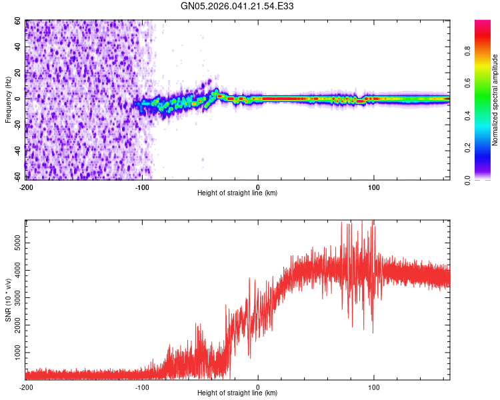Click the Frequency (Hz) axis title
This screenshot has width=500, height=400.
(8, 99)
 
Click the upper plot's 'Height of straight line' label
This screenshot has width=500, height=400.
(237, 193)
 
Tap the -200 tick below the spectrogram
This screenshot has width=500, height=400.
(26, 186)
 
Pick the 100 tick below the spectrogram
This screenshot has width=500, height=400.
(374, 186)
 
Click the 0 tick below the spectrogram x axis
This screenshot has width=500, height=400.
(258, 186)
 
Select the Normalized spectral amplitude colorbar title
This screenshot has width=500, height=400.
(495, 100)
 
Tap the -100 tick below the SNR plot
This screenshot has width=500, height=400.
(142, 387)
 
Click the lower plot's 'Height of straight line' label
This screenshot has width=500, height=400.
(237, 393)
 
